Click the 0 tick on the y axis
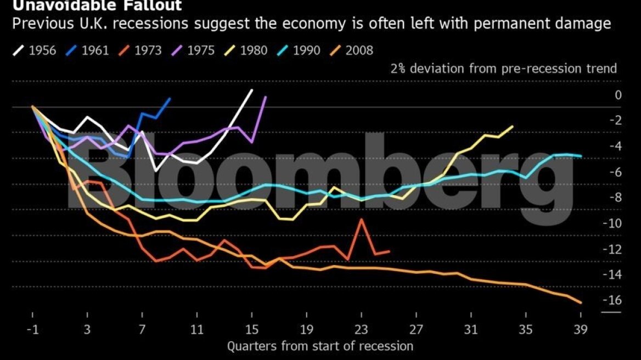(618, 95)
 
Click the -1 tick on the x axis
(33, 330)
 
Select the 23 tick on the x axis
(361, 330)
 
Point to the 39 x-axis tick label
(580, 330)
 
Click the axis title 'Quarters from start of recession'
(320, 346)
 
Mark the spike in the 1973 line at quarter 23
(361, 220)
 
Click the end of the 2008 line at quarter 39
(581, 302)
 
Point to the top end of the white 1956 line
(251, 90)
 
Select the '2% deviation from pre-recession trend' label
(504, 69)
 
